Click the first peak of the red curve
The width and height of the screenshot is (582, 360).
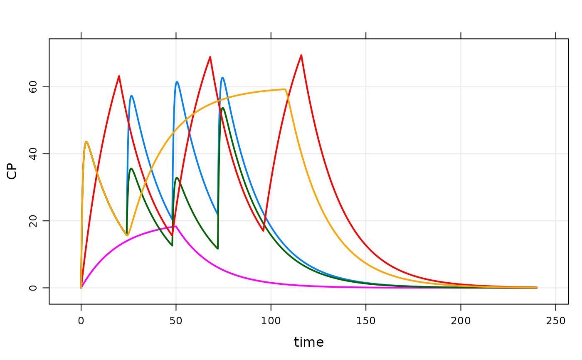[119, 76]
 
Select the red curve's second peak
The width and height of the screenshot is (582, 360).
[210, 57]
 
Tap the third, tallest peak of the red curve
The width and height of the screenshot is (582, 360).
[301, 54]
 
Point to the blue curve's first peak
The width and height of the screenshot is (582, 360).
[131, 96]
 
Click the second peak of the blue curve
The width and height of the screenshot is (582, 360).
[177, 81]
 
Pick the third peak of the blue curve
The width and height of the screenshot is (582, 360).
[223, 77]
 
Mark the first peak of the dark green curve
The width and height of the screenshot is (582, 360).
[131, 168]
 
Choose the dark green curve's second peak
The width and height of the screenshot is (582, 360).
[177, 178]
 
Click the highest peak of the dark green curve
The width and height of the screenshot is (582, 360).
[223, 108]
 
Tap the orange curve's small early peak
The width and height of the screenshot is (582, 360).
[86, 142]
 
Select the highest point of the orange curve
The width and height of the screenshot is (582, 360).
[285, 89]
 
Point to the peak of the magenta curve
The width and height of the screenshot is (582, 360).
[175, 226]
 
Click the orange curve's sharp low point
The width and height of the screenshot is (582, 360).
[128, 235]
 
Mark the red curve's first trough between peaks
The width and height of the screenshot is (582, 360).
[172, 236]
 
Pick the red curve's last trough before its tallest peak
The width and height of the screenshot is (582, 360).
[264, 231]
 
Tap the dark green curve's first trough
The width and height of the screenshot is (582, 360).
[172, 245]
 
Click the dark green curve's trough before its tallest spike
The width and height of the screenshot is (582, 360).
[217, 249]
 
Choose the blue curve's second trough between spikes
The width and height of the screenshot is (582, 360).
[217, 215]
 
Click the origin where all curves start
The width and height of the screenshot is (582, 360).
[81, 287]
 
